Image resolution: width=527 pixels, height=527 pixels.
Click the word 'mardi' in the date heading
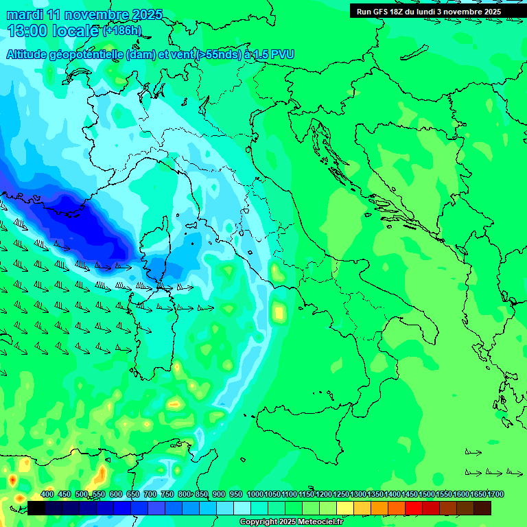[24, 14]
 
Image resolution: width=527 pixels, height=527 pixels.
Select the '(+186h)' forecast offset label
[121, 30]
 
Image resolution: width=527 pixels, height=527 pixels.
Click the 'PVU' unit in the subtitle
[281, 54]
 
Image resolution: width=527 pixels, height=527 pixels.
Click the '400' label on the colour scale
[47, 495]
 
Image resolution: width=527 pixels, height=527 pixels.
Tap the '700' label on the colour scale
[149, 495]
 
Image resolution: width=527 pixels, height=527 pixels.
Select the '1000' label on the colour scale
[255, 495]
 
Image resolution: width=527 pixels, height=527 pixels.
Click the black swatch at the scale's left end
[36, 508]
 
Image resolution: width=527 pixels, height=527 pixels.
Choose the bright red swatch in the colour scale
[414, 508]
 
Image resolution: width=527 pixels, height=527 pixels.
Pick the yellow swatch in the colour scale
[345, 508]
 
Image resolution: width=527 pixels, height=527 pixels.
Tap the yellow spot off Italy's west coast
[279, 312]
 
